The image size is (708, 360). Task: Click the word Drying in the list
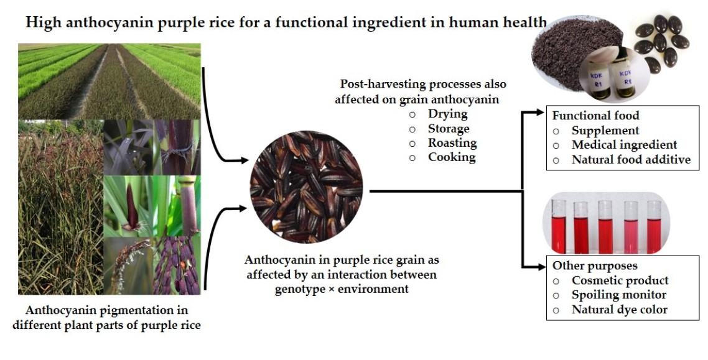point(447,114)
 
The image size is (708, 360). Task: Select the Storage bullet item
point(449,129)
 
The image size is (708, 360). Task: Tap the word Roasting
point(452,143)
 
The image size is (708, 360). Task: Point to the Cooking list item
point(452,157)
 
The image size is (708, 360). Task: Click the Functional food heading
point(595,116)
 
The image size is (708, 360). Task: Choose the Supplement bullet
point(605,131)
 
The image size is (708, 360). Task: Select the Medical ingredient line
point(624,145)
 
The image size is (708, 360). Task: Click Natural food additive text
point(631,159)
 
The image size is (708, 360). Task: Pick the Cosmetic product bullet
point(620,280)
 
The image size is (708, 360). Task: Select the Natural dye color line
point(619,309)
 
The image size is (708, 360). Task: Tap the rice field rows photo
point(109,81)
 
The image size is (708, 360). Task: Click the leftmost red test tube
point(558,227)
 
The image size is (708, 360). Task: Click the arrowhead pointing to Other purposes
point(541,265)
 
